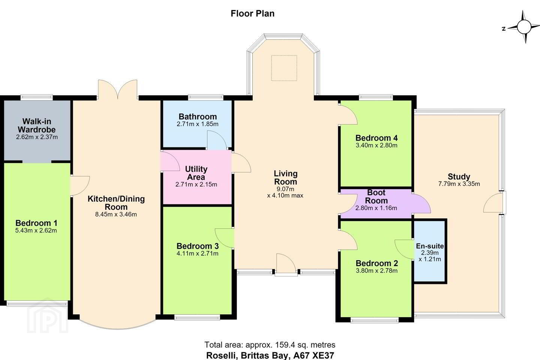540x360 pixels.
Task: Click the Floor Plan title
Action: [252, 13]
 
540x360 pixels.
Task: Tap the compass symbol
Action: [523, 27]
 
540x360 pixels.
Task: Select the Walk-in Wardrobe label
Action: [37, 125]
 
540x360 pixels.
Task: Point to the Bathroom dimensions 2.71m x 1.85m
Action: [197, 124]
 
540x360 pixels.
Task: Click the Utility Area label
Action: [196, 173]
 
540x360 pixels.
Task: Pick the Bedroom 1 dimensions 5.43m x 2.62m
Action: [36, 231]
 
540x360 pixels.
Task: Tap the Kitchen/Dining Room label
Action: [116, 203]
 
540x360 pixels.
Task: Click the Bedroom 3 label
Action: [197, 246]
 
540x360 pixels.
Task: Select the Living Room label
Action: [286, 177]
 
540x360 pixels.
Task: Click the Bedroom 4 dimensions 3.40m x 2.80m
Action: [376, 145]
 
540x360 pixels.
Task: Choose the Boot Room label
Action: [376, 196]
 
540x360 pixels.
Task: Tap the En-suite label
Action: [430, 246]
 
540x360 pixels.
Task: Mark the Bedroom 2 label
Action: [376, 263]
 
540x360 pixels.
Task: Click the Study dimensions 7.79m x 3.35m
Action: [459, 184]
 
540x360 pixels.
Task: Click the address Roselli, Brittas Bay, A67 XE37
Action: [270, 355]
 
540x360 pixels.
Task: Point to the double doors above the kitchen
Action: [118, 89]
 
